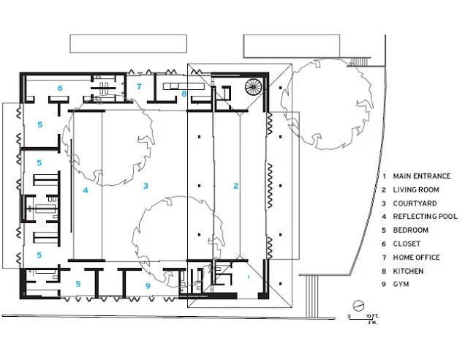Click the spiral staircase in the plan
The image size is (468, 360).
tap(252, 88)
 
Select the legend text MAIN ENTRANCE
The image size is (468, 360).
tap(421, 176)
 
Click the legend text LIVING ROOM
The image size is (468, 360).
tap(415, 190)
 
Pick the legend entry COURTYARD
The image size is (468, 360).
tap(414, 203)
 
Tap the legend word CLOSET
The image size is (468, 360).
tap(407, 244)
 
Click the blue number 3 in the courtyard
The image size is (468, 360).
tap(146, 187)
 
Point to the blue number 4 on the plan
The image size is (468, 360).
tap(85, 190)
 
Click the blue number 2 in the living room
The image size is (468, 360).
tap(235, 187)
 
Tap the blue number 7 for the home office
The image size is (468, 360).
tap(140, 86)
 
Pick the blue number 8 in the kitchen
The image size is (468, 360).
tap(184, 94)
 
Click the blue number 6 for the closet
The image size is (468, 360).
tap(60, 89)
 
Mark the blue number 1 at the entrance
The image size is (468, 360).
tap(249, 277)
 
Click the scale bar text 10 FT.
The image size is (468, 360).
tap(371, 315)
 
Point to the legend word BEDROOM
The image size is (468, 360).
tap(410, 230)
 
